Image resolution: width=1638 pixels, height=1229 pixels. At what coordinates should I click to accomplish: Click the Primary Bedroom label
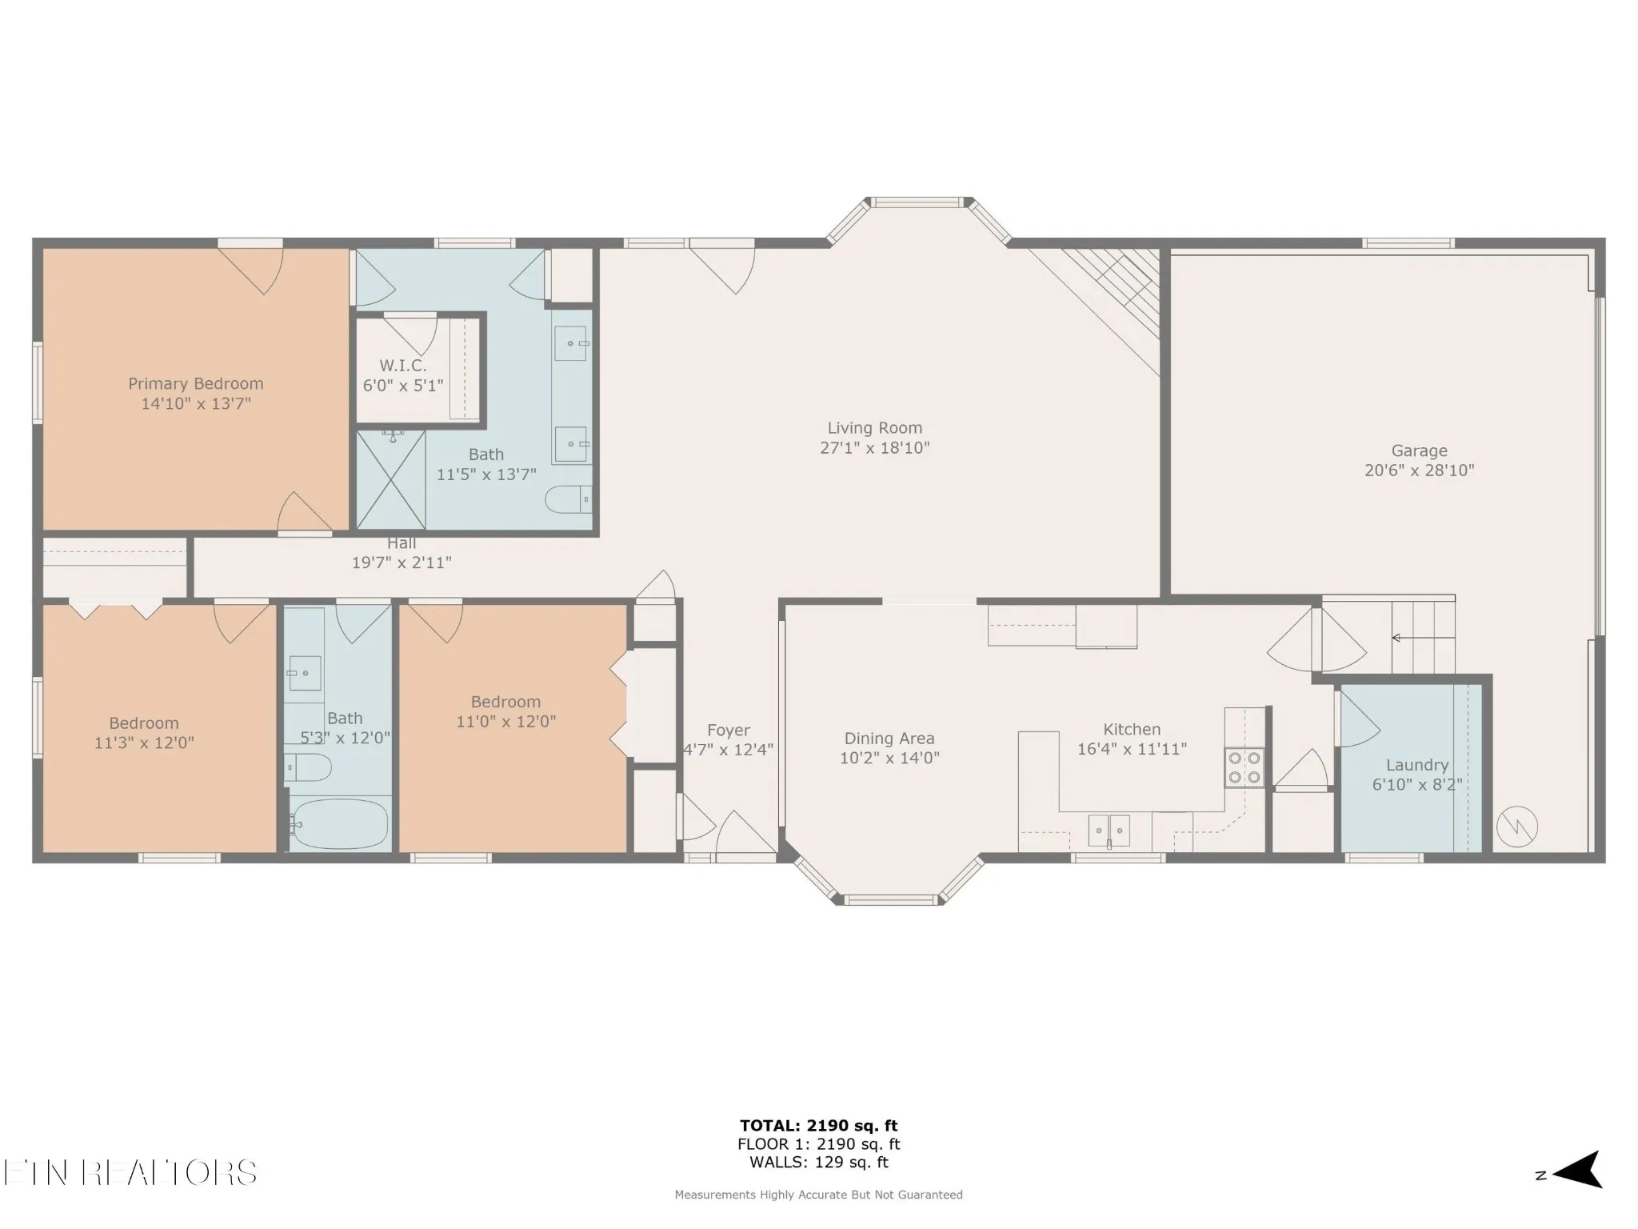tap(196, 384)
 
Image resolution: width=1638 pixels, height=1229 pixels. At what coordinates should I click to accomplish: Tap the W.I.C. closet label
tap(402, 366)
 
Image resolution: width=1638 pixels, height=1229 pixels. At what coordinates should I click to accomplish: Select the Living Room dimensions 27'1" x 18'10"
tap(875, 448)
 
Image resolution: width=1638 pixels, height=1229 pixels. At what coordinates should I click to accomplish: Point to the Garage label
tap(1419, 451)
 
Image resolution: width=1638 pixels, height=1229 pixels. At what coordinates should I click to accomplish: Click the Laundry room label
tap(1417, 766)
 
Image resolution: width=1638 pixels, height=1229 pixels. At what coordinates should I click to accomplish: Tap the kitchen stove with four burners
tap(1244, 767)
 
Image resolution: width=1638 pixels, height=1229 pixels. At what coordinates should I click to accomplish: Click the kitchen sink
tap(1109, 831)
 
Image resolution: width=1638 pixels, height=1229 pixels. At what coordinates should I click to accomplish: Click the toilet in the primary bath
tap(569, 499)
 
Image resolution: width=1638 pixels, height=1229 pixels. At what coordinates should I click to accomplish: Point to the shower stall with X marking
tap(390, 480)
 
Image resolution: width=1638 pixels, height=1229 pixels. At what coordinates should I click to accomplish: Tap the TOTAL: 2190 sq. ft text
tap(819, 1127)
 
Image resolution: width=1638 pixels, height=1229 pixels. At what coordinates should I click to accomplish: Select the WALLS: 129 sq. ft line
tap(819, 1163)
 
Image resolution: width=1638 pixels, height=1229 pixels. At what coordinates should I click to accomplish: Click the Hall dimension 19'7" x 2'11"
tap(402, 563)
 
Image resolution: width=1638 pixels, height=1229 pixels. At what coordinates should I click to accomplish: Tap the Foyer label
tap(729, 731)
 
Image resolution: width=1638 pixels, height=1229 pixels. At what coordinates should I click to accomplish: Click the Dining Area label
tap(889, 739)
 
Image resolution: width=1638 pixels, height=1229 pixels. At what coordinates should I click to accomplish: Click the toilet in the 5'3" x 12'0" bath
tap(308, 767)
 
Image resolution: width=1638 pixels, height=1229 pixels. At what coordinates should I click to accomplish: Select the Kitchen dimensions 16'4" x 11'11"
tap(1132, 749)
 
